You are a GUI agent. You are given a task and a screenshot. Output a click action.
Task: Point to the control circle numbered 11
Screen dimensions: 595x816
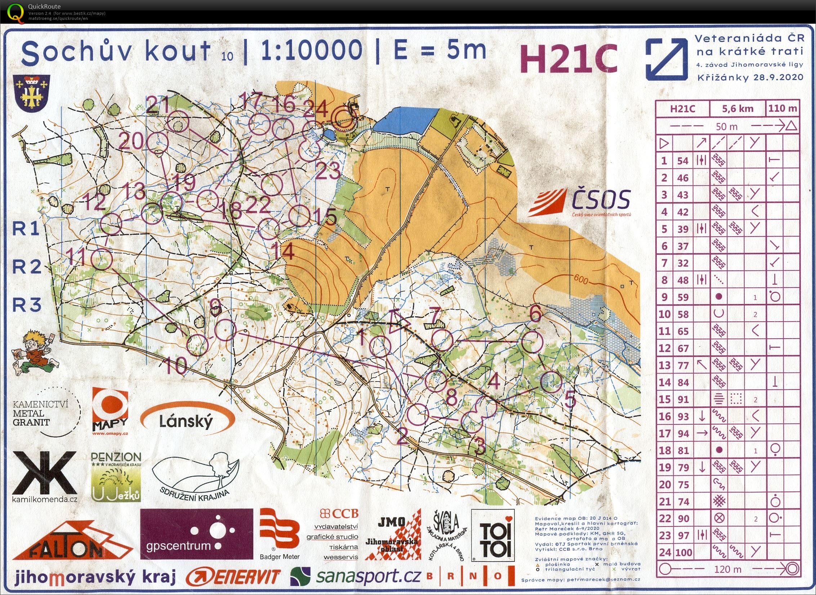[101, 259]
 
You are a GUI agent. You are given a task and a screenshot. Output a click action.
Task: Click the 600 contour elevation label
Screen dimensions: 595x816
[581, 279]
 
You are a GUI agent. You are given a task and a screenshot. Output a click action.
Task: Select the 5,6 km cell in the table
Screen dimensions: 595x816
[737, 109]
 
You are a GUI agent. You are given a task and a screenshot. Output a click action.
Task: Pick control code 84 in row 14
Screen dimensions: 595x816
[683, 382]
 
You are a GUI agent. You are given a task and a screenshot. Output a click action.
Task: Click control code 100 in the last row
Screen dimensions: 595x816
[683, 552]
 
